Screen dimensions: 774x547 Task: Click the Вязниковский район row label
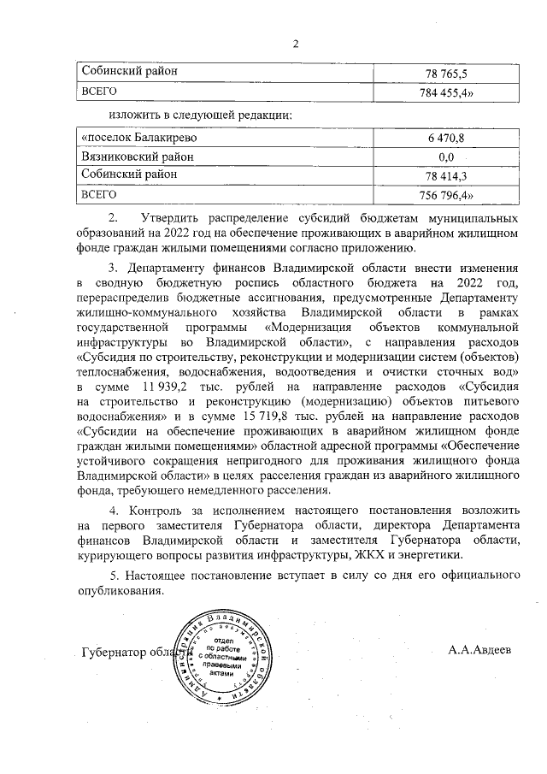click(x=138, y=157)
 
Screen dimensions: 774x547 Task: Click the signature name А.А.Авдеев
click(x=479, y=649)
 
